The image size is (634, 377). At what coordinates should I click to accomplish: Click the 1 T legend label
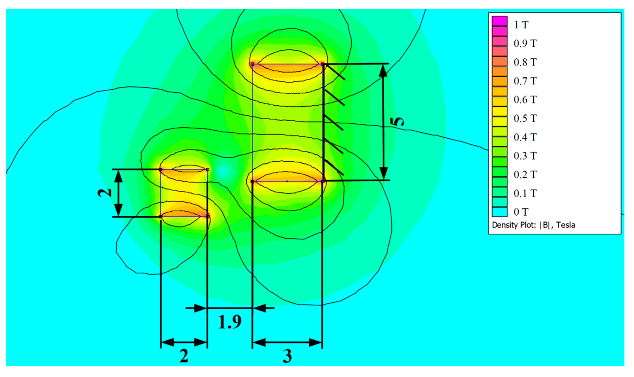point(521,25)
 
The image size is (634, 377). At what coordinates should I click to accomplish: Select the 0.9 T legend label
point(525,43)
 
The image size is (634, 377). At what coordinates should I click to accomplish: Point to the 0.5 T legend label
point(525,118)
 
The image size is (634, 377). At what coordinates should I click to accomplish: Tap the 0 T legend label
point(521,212)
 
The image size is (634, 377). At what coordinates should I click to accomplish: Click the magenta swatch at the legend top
point(500,21)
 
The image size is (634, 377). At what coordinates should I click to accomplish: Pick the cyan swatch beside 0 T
point(500,212)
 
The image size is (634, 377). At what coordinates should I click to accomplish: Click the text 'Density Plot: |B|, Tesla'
point(533,225)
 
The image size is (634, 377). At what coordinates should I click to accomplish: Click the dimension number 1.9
point(229,322)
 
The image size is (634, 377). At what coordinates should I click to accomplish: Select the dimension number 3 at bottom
point(287,356)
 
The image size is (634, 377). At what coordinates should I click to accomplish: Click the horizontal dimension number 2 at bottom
point(184,356)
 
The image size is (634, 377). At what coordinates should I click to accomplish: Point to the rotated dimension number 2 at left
point(105,193)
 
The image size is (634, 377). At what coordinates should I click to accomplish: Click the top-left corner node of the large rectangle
point(252,64)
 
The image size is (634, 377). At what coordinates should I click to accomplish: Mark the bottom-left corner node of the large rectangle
point(252,182)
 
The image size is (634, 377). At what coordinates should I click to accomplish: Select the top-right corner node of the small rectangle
point(207,170)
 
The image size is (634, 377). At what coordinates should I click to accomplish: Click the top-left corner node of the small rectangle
point(160,170)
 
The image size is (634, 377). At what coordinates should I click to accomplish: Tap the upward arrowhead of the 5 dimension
point(383,70)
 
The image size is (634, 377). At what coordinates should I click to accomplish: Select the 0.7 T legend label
point(525,81)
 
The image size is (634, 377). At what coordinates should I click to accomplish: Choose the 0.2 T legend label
point(525,175)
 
